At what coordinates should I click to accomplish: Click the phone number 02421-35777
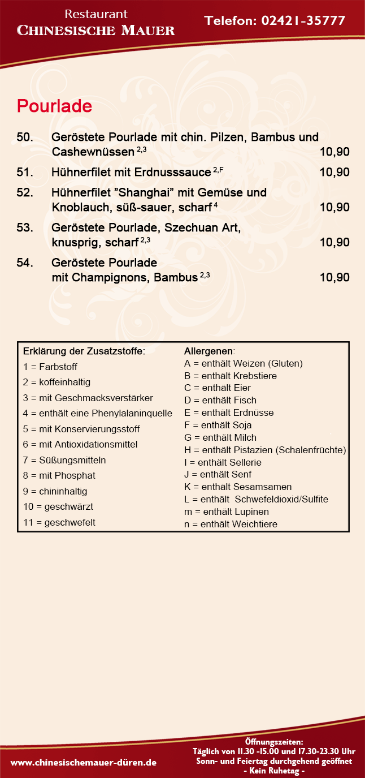[304, 21]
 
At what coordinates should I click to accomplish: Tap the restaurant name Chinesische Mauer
[96, 31]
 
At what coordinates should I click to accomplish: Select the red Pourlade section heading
[54, 106]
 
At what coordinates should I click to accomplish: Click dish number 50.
[25, 137]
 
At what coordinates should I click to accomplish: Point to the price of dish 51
[334, 173]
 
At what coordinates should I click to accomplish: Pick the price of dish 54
[334, 278]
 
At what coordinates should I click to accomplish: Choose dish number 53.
[25, 228]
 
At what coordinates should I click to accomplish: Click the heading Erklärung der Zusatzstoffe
[84, 351]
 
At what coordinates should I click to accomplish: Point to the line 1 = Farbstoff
[50, 367]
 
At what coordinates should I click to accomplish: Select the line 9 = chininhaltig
[55, 491]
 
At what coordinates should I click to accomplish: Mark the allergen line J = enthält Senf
[218, 475]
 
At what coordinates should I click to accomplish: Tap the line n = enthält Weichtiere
[231, 525]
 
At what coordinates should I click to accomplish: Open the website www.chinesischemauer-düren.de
[84, 763]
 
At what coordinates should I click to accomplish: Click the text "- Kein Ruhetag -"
[274, 771]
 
